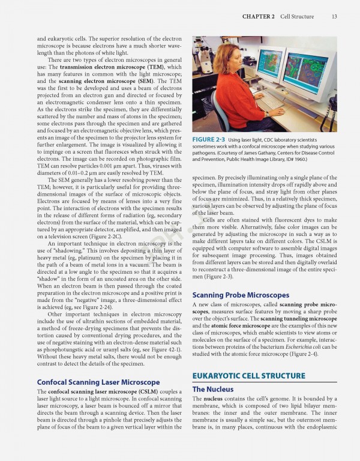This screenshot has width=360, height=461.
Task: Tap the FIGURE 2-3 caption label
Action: tap(209, 140)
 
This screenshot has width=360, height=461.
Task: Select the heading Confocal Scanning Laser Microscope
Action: tap(98, 382)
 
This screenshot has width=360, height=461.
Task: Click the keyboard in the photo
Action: tap(271, 101)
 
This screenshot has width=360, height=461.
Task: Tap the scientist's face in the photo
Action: tap(236, 61)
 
